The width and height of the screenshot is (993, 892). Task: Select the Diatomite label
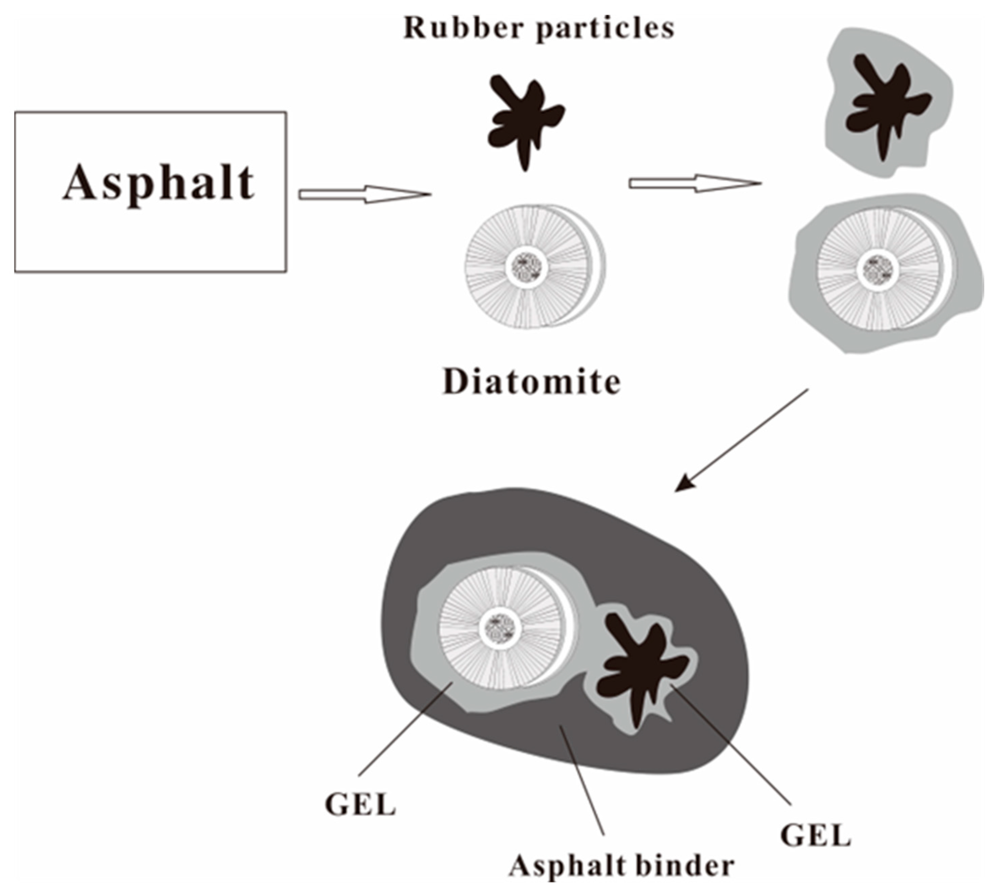point(532,382)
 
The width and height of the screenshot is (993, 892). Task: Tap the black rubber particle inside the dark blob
point(637,667)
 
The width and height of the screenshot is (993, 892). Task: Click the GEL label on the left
point(360,805)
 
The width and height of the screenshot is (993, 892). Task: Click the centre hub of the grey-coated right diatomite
point(878,270)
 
